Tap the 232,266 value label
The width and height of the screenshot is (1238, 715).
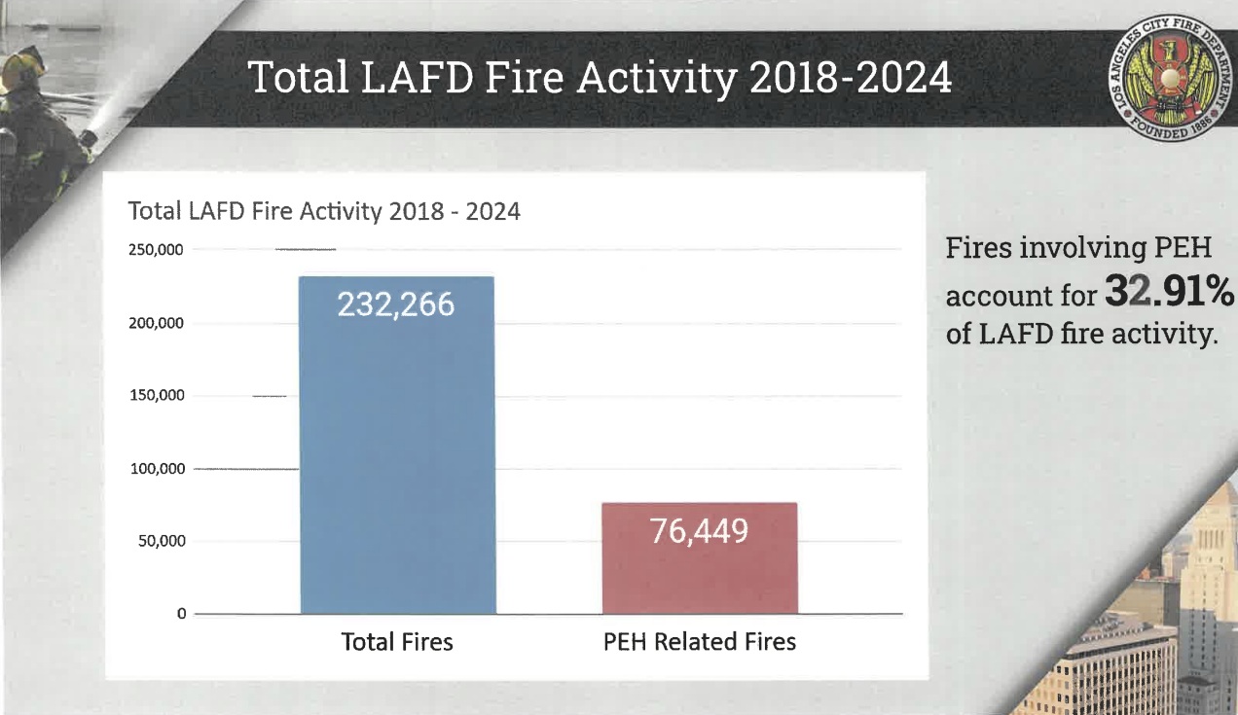click(396, 305)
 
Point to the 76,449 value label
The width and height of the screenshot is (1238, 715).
click(700, 531)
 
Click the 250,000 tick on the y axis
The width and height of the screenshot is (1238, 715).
click(156, 250)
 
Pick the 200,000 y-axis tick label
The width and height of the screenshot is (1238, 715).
click(156, 323)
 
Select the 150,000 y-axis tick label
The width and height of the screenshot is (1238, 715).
click(156, 396)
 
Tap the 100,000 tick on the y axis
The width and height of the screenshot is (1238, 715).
click(156, 469)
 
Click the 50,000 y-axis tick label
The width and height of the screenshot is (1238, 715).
click(160, 541)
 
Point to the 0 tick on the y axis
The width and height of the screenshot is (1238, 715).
click(181, 614)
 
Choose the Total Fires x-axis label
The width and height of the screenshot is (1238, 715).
click(397, 642)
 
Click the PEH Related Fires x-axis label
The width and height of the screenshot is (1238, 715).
click(700, 642)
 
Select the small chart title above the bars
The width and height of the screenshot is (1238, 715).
click(324, 211)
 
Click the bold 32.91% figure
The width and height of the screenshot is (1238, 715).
click(1169, 291)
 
